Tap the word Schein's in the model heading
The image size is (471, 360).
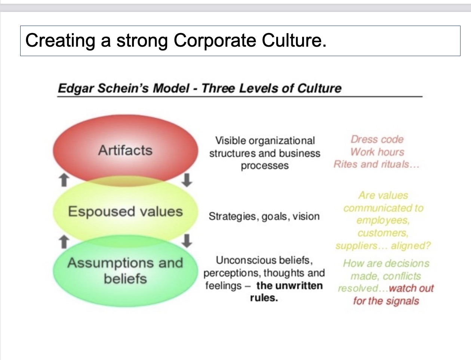tap(123, 88)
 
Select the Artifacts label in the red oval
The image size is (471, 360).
tap(125, 150)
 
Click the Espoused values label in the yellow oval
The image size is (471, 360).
tap(125, 212)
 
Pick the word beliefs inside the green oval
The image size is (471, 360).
tap(125, 279)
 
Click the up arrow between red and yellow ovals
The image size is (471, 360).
tap(64, 180)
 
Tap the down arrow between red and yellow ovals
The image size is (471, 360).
tap(187, 180)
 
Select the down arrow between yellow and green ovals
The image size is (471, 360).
tap(187, 241)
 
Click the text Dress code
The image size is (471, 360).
tap(377, 140)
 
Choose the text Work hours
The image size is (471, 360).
tap(377, 152)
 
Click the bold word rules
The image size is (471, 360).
tap(264, 298)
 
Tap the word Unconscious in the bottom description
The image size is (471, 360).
tap(246, 260)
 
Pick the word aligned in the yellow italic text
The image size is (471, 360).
tap(411, 246)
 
